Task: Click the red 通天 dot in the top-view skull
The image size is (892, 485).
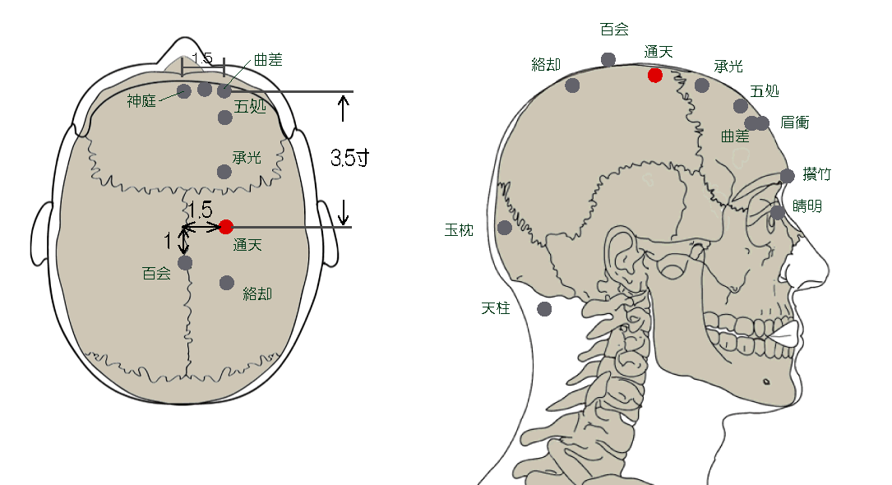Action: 226,227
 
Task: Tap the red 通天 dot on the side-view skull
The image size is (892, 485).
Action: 655,76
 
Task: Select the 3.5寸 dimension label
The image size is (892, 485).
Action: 349,158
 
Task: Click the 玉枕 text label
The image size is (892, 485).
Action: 459,231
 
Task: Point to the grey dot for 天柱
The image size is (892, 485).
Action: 544,309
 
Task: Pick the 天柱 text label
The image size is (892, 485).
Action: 496,308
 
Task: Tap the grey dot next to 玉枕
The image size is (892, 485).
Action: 505,228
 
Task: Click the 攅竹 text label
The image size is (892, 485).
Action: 816,174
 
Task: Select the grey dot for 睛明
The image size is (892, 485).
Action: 778,213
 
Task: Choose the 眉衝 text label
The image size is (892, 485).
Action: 795,122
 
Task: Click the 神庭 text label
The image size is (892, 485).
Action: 141,101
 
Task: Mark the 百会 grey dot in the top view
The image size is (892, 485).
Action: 185,263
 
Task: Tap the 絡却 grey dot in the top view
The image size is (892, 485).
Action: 227,283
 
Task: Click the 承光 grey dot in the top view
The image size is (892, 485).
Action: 224,172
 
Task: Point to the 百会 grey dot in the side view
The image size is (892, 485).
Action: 608,59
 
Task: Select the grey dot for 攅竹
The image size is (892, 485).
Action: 788,176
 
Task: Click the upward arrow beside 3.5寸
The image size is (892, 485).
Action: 344,107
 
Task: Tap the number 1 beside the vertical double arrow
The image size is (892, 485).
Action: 168,241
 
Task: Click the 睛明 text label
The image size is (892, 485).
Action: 807,206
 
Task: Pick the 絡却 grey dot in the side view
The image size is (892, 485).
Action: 573,85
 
